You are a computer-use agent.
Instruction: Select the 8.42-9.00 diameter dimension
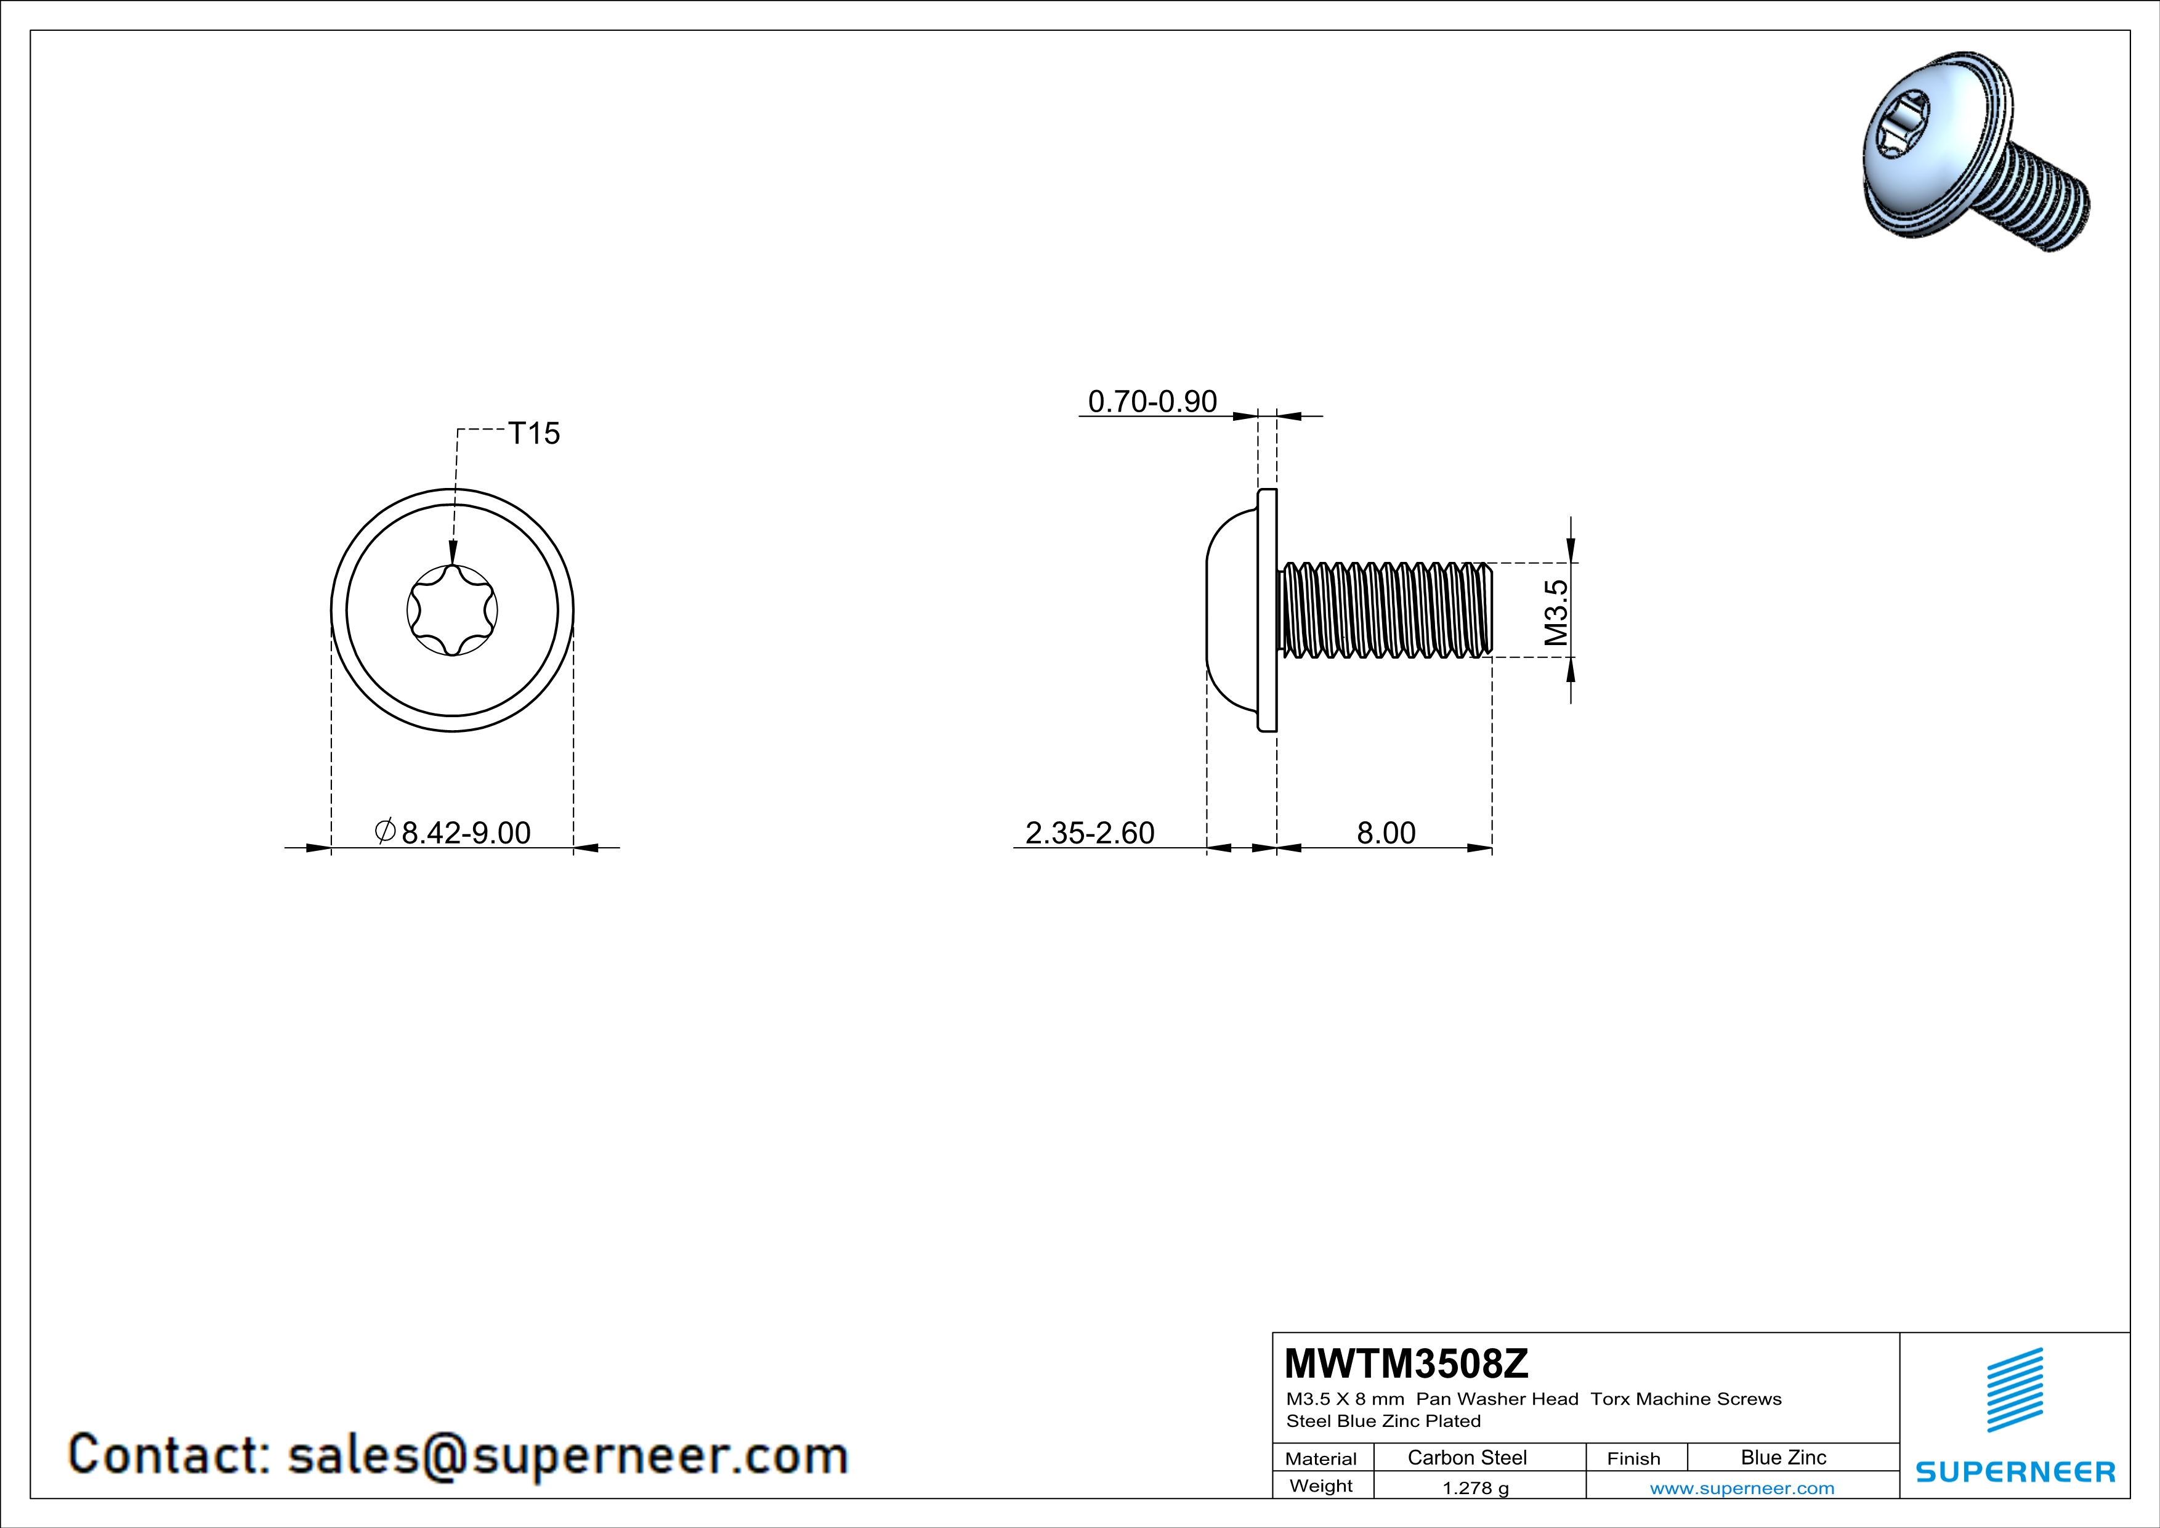(x=466, y=832)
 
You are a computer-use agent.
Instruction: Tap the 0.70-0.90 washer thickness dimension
(x=1152, y=402)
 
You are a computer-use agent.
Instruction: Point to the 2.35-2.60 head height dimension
(x=1090, y=832)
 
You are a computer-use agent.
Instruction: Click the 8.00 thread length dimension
(x=1386, y=832)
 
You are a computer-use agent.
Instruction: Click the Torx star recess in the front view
(x=453, y=610)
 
